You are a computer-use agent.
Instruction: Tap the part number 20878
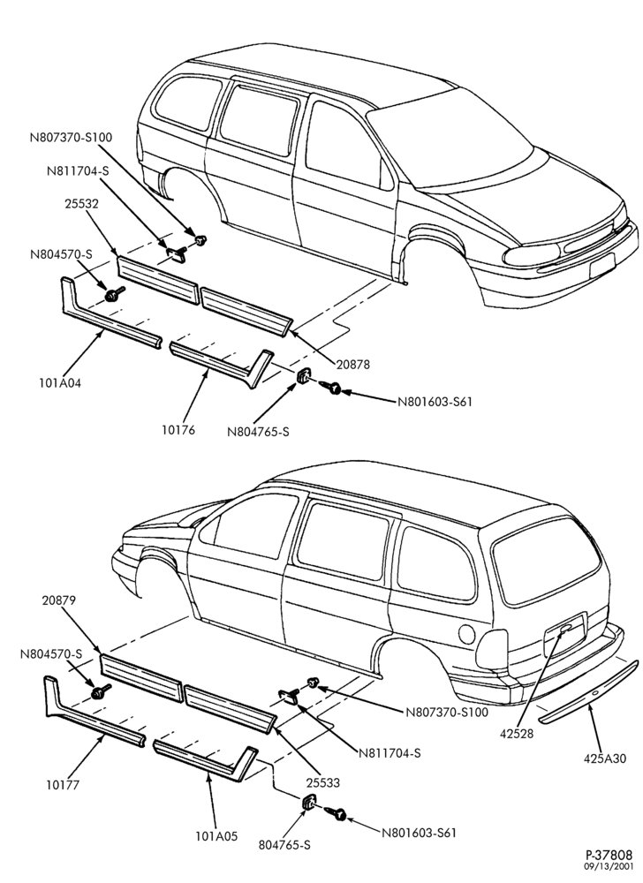[x=352, y=365]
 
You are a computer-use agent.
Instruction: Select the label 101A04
[x=59, y=383]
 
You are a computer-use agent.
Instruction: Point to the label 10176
[x=179, y=430]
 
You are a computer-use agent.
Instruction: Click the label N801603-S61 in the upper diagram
[x=434, y=402]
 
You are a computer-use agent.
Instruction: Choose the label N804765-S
[x=258, y=432]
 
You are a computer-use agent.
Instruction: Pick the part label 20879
[x=58, y=600]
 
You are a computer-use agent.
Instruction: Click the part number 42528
[x=517, y=734]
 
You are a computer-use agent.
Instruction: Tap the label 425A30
[x=604, y=758]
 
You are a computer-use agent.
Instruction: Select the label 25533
[x=323, y=782]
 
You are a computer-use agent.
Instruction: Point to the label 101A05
[x=216, y=836]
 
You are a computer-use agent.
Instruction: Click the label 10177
[x=63, y=784]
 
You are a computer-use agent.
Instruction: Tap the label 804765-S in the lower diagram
[x=284, y=845]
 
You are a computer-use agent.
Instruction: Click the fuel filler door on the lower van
[x=466, y=634]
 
